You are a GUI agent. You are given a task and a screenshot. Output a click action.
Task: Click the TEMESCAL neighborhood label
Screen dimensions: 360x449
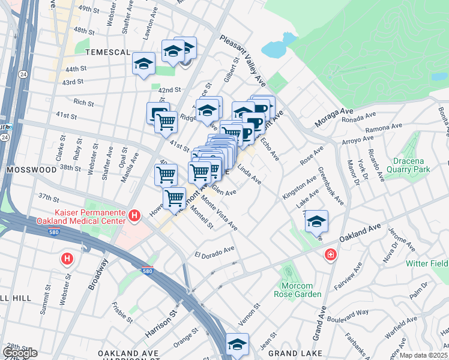[x=107, y=52]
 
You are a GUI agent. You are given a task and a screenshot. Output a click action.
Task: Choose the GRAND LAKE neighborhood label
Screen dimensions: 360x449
[x=291, y=354]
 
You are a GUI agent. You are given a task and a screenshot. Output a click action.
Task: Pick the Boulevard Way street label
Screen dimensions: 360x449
[x=348, y=314]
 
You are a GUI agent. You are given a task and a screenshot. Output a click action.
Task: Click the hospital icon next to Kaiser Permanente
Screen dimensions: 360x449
[x=135, y=215]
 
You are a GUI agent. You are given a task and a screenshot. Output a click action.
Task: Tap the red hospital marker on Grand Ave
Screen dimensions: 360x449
[x=330, y=256]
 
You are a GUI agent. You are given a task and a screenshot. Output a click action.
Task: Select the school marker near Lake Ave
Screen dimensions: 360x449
[x=316, y=222]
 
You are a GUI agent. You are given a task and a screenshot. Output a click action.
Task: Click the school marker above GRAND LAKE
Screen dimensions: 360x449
[x=237, y=345]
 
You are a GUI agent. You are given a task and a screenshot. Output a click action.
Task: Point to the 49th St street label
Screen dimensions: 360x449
[x=88, y=9]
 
